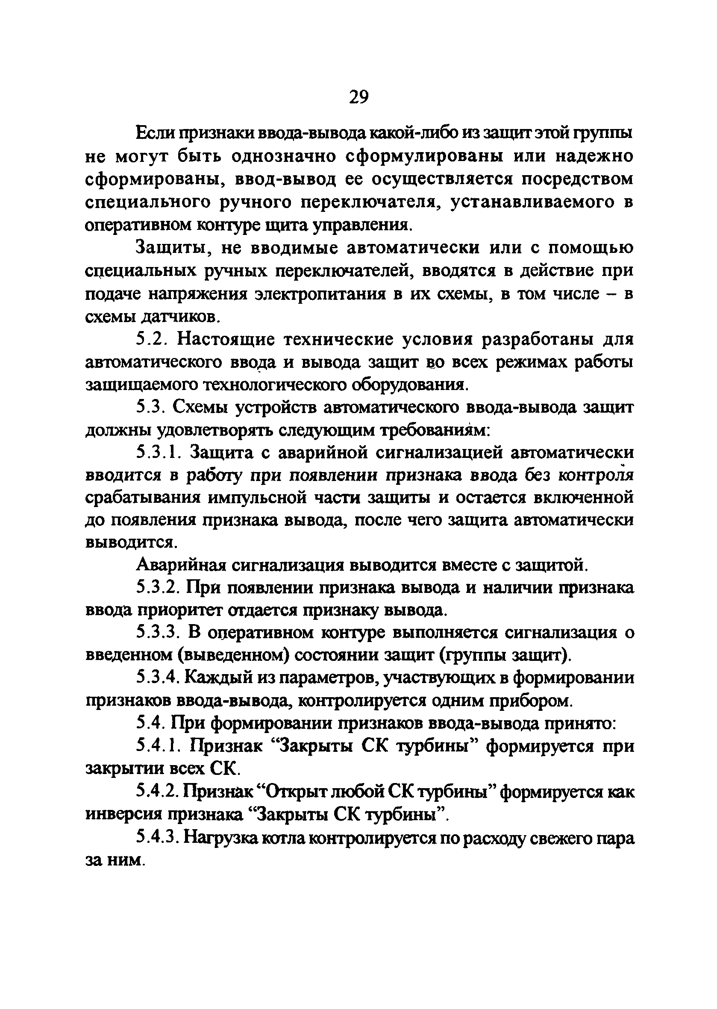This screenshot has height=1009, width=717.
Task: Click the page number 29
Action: click(x=358, y=97)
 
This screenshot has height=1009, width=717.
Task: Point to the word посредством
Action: click(x=577, y=179)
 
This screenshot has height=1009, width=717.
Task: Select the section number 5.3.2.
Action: click(x=159, y=588)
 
